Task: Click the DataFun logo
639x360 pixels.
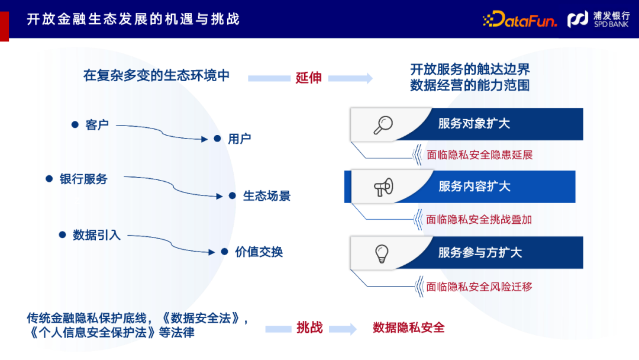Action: coord(520,20)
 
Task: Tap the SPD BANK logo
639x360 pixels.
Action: coord(598,20)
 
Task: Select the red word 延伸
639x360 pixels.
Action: coord(308,78)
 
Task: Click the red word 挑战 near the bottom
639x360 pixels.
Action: coord(309,328)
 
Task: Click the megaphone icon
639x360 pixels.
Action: coord(383,187)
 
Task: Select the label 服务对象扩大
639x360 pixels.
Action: coord(474,124)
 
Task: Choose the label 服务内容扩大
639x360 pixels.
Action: coord(474,187)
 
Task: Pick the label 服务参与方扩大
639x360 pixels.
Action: coord(480,253)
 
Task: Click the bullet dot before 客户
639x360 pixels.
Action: coord(75,124)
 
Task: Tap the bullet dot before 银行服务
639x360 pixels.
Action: coord(49,178)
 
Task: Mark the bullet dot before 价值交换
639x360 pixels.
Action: coord(224,252)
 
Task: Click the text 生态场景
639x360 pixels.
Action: coord(267,196)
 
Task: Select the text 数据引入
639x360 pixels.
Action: coord(96,235)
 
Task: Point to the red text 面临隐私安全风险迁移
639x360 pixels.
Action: coord(479,287)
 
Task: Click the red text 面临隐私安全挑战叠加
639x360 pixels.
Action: coord(479,220)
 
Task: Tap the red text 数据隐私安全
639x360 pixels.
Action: coord(408,327)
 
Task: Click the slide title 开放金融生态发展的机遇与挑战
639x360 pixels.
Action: coord(133,19)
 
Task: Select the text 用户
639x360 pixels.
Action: coord(240,139)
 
